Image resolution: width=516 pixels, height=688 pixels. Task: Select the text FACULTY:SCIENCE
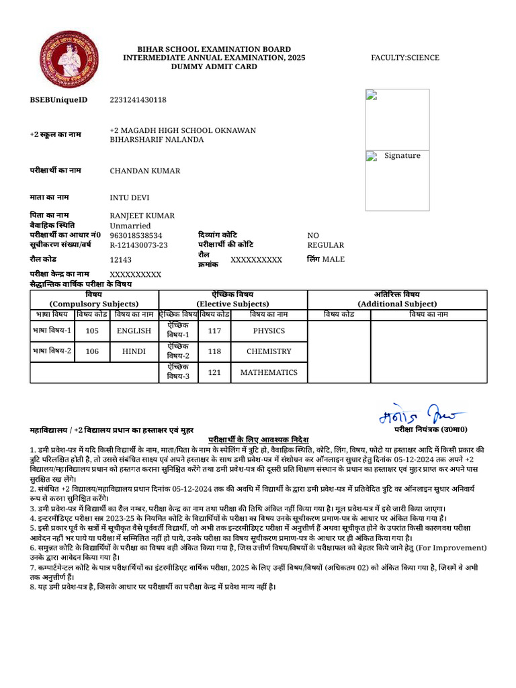click(x=404, y=58)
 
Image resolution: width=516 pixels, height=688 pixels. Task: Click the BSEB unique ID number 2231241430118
click(x=138, y=100)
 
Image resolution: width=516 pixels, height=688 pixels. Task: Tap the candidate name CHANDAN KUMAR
click(x=145, y=171)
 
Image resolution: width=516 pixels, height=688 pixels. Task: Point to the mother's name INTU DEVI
click(x=130, y=198)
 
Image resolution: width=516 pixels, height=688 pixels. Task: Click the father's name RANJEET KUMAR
click(x=142, y=216)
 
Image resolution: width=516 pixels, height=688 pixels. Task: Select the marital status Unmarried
click(x=130, y=226)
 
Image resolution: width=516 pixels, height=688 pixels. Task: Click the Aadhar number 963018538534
click(x=136, y=236)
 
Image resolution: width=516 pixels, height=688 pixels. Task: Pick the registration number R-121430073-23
click(x=138, y=245)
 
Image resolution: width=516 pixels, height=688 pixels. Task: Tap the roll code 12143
click(x=121, y=260)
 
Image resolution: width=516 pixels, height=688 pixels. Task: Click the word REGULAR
click(x=325, y=245)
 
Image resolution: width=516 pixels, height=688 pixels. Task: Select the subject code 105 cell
click(x=92, y=331)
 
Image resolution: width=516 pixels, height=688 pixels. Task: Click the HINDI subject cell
click(x=134, y=351)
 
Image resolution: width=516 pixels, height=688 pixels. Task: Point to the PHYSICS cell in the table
click(x=269, y=331)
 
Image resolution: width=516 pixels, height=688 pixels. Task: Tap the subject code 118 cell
click(x=214, y=351)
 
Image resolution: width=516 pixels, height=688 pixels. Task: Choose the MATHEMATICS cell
click(x=269, y=372)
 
